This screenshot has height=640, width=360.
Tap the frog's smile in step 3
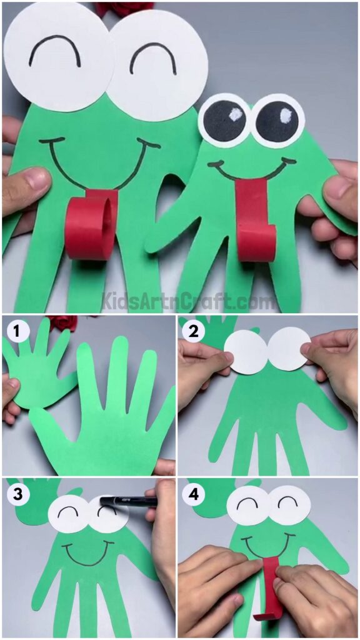(87, 554)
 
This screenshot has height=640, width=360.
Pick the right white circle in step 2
(287, 349)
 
